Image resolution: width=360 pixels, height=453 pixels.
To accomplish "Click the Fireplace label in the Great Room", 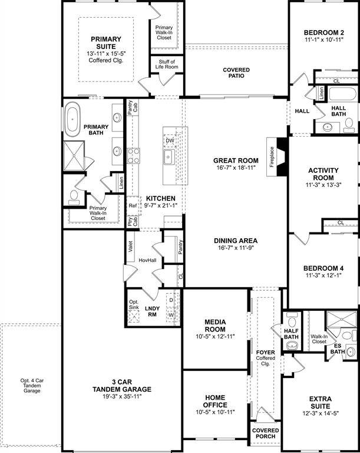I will tap(272, 157).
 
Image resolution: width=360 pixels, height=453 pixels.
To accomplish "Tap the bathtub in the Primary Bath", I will tap(73, 117).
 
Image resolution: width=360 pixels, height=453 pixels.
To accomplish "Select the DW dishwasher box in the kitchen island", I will tap(170, 140).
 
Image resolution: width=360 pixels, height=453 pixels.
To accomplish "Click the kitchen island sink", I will tap(169, 156).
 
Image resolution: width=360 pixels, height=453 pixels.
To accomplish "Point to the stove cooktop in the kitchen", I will tap(134, 155).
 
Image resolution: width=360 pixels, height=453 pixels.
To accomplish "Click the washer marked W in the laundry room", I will tap(171, 315).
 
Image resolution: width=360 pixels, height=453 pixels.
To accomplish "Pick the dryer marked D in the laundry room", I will tap(171, 300).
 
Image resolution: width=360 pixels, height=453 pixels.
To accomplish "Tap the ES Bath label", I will tap(338, 349).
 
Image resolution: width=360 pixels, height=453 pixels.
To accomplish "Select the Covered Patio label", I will tap(236, 74).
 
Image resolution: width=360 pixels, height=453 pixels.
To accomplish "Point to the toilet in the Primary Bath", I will tap(74, 196).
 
